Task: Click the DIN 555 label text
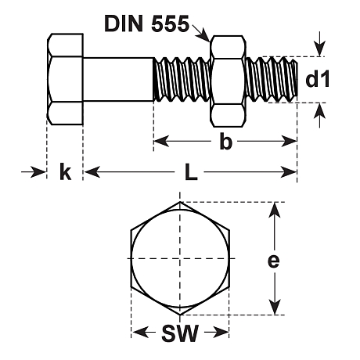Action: tap(146, 24)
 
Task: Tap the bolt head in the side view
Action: tap(66, 78)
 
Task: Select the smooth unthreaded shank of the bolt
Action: tap(117, 78)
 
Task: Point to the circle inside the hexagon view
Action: tap(180, 259)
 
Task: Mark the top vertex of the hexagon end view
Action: tap(180, 203)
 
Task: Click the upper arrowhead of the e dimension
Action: tap(273, 208)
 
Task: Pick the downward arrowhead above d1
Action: tap(318, 50)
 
